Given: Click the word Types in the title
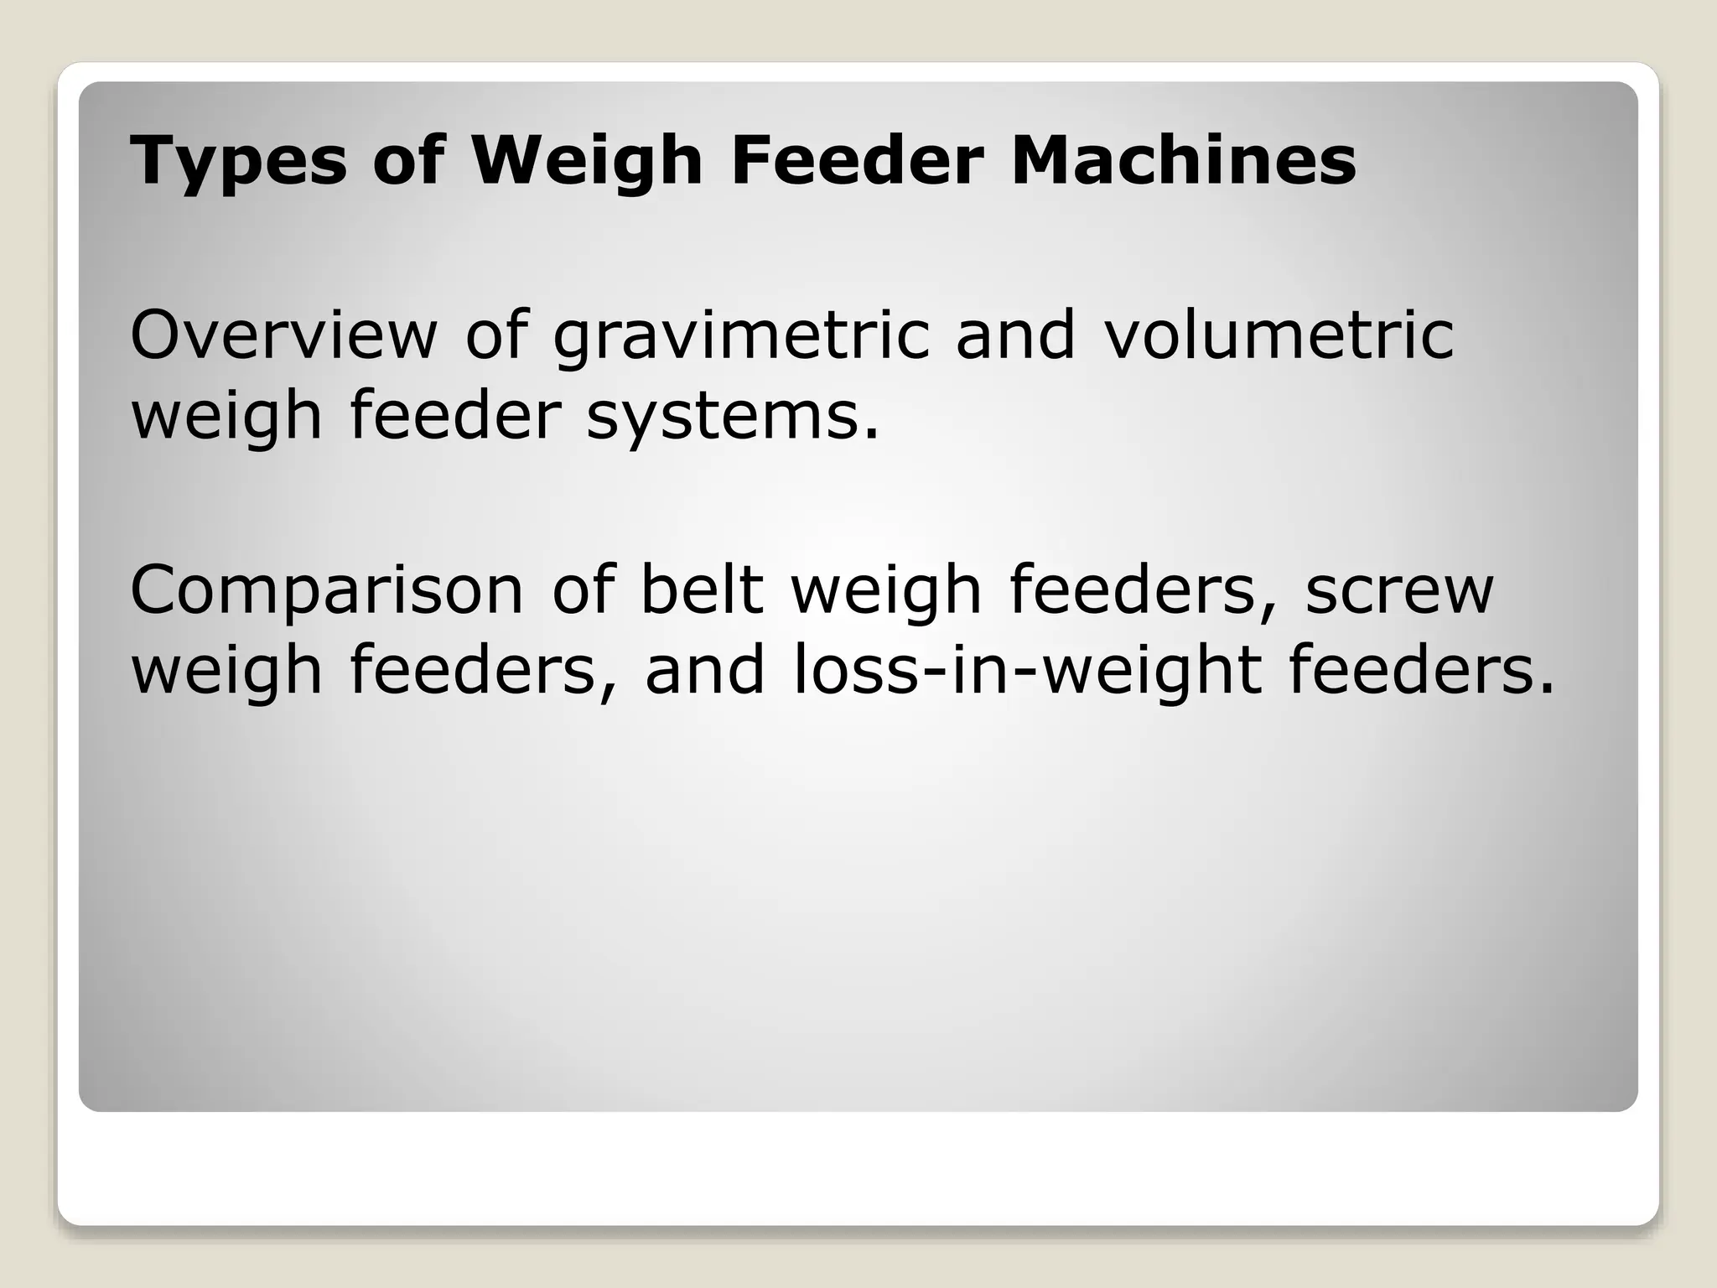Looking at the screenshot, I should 238,161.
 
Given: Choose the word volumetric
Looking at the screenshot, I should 1279,335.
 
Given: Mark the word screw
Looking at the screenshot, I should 1399,591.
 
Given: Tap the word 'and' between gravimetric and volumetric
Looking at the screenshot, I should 1015,335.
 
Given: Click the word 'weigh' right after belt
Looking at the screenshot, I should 886,591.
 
